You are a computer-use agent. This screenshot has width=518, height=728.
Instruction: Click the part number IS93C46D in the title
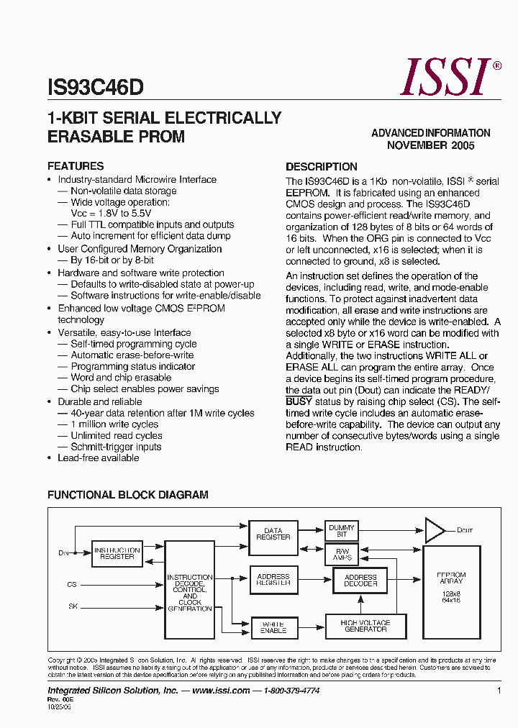coord(95,88)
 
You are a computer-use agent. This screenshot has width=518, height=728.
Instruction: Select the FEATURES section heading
coord(76,165)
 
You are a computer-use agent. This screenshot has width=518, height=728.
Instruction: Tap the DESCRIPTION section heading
coord(322,166)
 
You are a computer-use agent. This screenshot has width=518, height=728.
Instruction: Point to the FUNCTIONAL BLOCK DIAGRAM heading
coord(128,495)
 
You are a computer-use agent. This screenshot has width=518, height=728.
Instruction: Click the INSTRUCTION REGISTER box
coord(117,553)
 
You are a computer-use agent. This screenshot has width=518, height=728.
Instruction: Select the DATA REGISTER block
coord(273,534)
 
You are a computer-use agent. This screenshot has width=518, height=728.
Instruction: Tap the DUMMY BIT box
coord(342,531)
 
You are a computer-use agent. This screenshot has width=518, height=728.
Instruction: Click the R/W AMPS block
coord(342,555)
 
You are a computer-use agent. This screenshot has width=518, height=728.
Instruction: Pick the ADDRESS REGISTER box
coord(273,580)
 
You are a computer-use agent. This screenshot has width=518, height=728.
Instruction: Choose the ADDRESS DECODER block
coord(360,581)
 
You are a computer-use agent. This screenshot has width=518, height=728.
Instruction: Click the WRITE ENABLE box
coord(273,627)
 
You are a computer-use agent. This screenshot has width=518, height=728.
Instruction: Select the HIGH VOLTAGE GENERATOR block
coord(365,626)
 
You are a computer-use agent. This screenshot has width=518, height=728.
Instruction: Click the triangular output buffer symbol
coord(435,530)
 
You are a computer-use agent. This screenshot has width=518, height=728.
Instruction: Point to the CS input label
coord(72,585)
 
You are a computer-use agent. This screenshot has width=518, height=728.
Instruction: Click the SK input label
coord(73,606)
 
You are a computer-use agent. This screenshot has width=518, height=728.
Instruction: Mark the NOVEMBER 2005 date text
coord(431,145)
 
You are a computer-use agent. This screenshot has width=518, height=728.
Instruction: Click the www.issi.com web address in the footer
coord(221,691)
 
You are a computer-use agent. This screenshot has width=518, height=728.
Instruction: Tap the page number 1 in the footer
coord(499,691)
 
